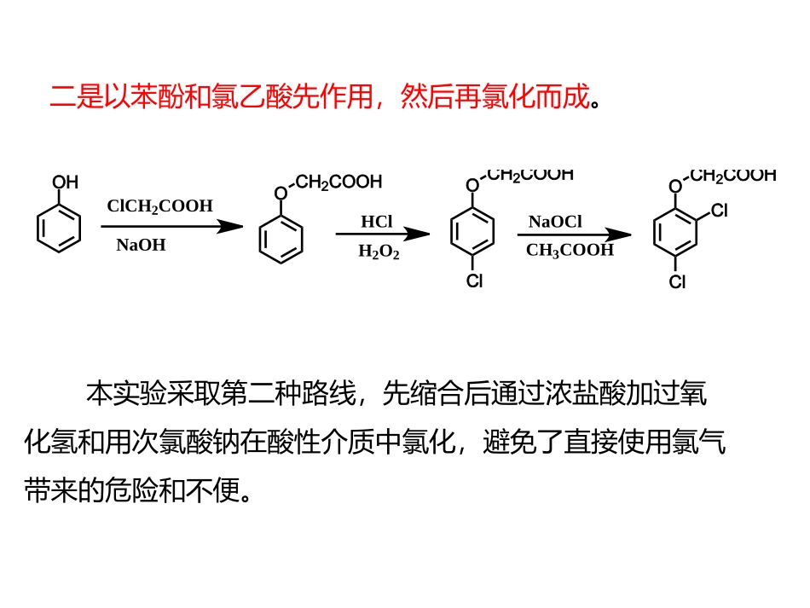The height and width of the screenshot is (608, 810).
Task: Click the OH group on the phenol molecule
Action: pyautogui.click(x=65, y=182)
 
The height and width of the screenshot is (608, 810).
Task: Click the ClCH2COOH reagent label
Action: pyautogui.click(x=159, y=206)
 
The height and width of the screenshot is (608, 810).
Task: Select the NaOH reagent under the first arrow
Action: pyautogui.click(x=141, y=246)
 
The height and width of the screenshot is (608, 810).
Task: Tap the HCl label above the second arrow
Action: pyautogui.click(x=376, y=222)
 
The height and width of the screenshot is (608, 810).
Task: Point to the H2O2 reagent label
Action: pyautogui.click(x=379, y=252)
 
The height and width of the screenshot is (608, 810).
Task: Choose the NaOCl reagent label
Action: pyautogui.click(x=554, y=222)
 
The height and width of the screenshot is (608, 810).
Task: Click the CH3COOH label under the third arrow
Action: pyautogui.click(x=570, y=250)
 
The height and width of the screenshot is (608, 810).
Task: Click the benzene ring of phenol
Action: pyautogui.click(x=59, y=229)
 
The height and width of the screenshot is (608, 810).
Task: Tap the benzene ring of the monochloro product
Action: pyautogui.click(x=472, y=231)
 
